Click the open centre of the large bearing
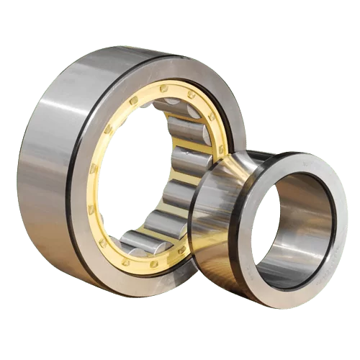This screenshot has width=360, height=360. (137, 173)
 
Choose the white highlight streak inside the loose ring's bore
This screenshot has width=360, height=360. (317, 216)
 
